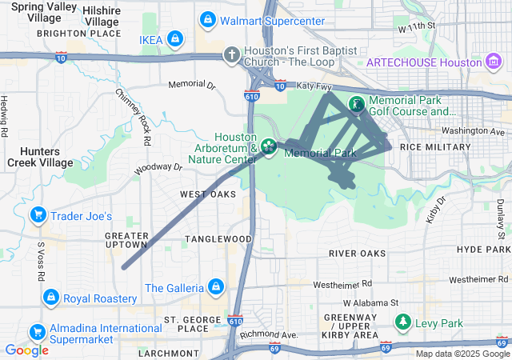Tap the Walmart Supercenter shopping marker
coord(208,18)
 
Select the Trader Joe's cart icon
coord(37,215)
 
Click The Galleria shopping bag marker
coord(215,286)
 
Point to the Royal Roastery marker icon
coord(51,298)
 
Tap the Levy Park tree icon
coord(404,322)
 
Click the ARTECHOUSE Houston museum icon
coord(493,62)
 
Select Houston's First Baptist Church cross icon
coord(231,54)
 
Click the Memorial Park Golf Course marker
coord(355,104)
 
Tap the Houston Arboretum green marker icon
coord(270,146)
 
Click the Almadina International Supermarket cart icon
coord(37,331)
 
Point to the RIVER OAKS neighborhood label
coord(357,254)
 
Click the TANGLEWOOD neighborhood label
coord(218,239)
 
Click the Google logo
coord(26,350)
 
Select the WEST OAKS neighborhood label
coord(207,194)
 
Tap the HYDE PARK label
coord(482,250)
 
